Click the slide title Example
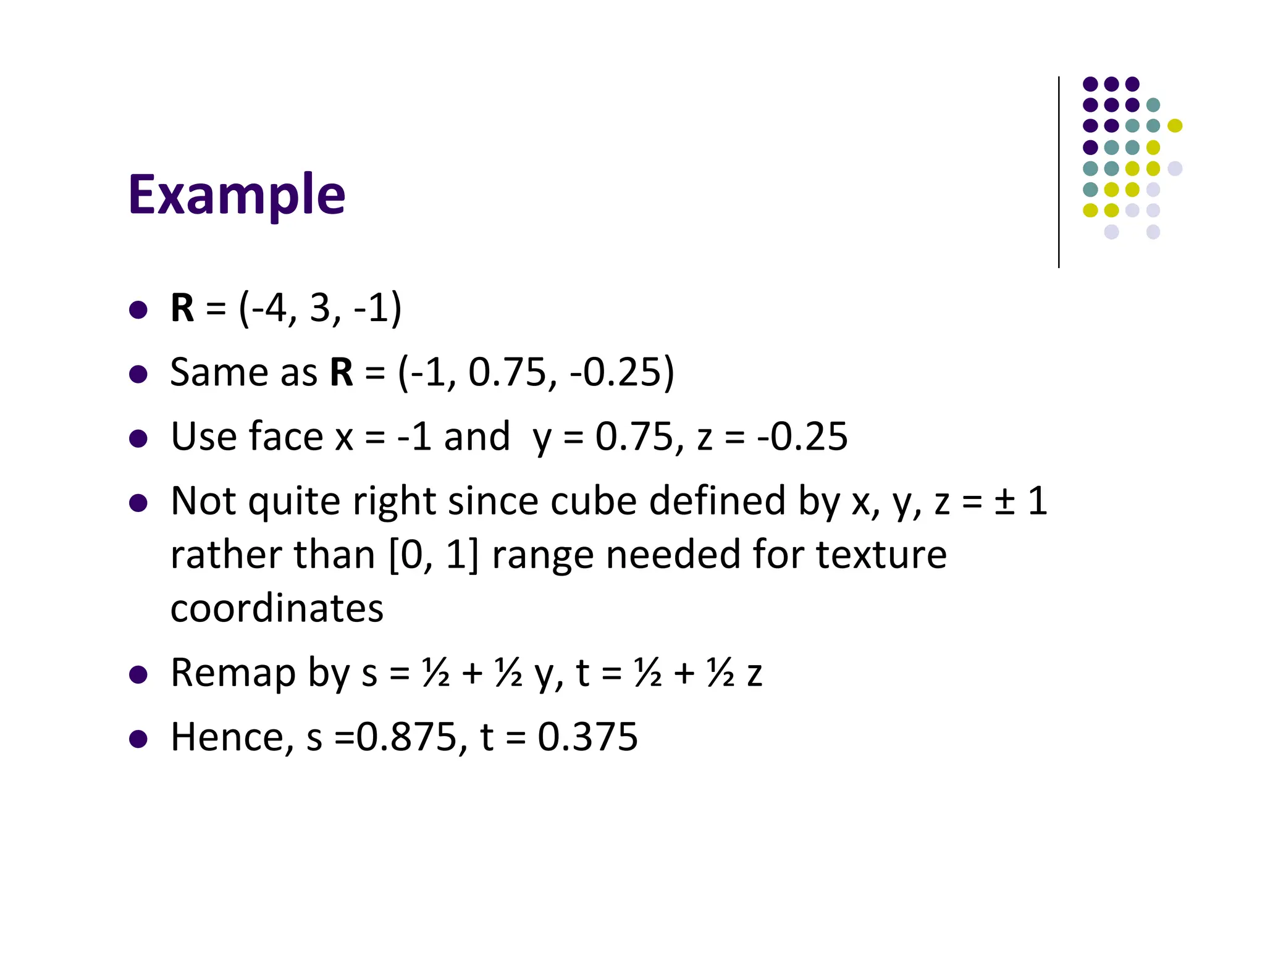237,195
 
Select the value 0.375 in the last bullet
587,737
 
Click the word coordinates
277,608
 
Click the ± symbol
1004,501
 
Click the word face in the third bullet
285,437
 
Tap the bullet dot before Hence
138,739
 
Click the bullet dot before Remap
138,674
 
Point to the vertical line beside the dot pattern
1059,172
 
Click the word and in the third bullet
477,437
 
